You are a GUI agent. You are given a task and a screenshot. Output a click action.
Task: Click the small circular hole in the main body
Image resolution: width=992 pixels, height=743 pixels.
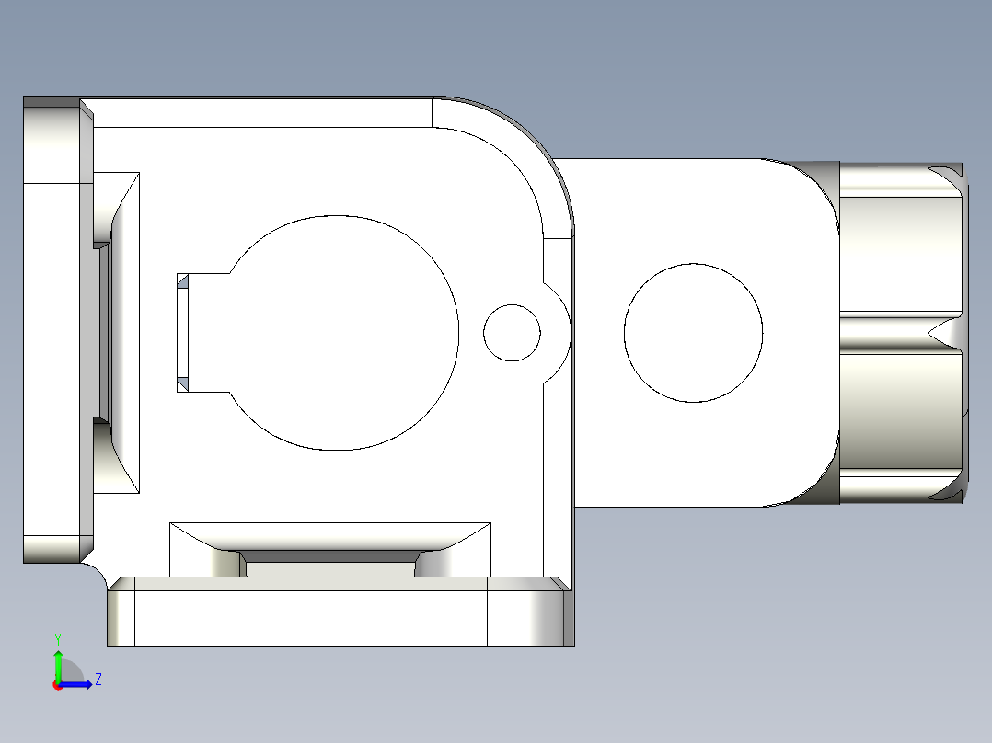(x=512, y=333)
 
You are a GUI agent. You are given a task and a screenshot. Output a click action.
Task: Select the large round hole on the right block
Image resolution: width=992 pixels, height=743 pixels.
(x=693, y=333)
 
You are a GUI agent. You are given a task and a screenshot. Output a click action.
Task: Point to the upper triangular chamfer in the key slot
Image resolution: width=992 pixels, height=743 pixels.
(x=182, y=280)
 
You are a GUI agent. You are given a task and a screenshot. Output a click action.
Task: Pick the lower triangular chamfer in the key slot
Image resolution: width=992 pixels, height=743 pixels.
(x=182, y=382)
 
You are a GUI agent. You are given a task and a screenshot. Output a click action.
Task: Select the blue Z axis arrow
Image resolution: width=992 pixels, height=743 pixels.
(x=78, y=684)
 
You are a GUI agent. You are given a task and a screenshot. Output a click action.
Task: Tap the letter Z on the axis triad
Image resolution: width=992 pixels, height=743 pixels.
(x=98, y=680)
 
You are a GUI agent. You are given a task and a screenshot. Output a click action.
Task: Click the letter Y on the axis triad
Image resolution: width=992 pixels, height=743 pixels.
(x=57, y=638)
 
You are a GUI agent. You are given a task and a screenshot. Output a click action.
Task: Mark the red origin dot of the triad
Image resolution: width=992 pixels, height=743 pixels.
(x=58, y=685)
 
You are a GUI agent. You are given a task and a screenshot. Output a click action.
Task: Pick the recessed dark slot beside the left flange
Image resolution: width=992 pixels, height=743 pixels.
(x=103, y=333)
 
